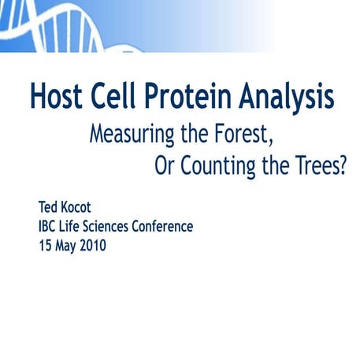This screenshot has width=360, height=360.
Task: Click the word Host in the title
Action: pyautogui.click(x=57, y=98)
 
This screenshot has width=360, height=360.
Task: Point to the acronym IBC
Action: pyautogui.click(x=50, y=226)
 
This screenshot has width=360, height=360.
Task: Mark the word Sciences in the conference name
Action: pyautogui.click(x=122, y=226)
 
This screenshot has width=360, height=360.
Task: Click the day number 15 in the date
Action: pyautogui.click(x=46, y=244)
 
